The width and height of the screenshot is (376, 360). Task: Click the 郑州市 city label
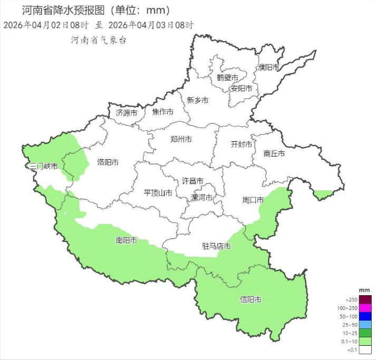point(181,140)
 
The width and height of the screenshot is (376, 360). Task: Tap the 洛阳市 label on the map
point(108,162)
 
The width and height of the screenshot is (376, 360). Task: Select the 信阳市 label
point(250,300)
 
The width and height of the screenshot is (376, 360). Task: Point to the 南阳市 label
point(126,241)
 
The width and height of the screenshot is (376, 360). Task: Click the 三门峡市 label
point(43,166)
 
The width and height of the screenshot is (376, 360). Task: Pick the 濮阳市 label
point(268,67)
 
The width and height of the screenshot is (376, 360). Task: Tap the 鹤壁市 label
point(227,77)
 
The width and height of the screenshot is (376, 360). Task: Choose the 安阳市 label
point(241,88)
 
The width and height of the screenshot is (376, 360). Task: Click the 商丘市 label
point(274,154)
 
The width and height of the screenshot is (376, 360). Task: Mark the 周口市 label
point(253,200)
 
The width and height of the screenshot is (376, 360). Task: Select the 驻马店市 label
point(217,246)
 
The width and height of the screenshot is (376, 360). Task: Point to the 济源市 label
point(126,113)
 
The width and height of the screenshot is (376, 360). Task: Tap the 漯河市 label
point(201,198)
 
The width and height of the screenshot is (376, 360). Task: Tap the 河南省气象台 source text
point(99,40)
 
